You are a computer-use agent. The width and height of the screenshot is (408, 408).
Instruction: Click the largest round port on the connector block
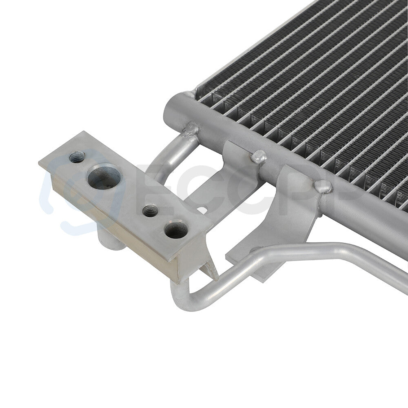click(104, 176)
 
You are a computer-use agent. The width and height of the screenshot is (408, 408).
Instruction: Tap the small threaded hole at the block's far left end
click(77, 157)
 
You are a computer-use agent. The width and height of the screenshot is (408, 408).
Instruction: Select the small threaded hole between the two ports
click(150, 211)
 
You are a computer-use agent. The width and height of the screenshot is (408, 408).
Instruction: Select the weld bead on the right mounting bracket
click(322, 186)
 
